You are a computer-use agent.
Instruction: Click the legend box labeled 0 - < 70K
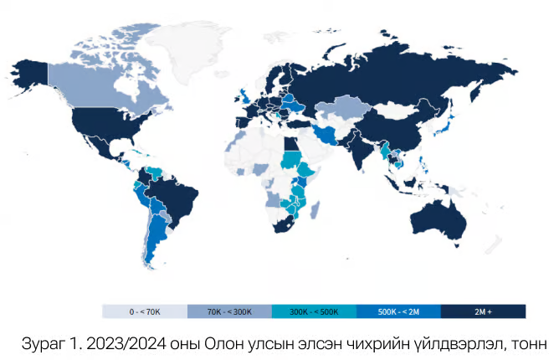145,311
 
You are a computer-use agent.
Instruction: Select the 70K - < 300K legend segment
229,311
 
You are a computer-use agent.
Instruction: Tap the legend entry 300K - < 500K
314,311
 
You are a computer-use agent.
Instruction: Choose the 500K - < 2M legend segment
398,311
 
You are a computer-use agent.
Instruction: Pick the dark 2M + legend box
483,311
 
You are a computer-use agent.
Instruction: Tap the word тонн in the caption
525,342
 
